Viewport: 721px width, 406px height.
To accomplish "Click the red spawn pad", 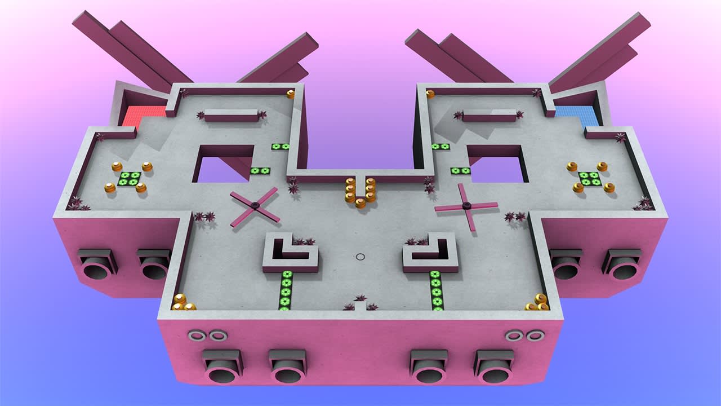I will tap(144, 116).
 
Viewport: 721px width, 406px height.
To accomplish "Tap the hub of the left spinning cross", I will tap(255, 206).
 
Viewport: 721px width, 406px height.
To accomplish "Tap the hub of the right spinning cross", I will tap(466, 206).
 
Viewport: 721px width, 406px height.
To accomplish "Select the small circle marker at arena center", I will tap(360, 257).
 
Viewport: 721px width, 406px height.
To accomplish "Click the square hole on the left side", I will tap(224, 165).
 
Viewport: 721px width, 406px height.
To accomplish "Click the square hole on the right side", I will tap(497, 165).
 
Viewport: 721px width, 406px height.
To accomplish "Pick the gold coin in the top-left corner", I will tap(291, 94).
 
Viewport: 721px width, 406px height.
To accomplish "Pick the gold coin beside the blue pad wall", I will tap(430, 94).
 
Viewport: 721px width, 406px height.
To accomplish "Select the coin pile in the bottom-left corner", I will tap(183, 303).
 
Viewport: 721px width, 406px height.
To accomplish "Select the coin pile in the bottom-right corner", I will tap(538, 303).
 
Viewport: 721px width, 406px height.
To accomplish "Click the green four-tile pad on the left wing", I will tap(129, 179).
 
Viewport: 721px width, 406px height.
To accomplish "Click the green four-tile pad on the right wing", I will tap(589, 179).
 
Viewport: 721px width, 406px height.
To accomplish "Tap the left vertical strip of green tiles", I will tap(286, 290).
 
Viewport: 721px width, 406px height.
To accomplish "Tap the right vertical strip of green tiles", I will tap(435, 290).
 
